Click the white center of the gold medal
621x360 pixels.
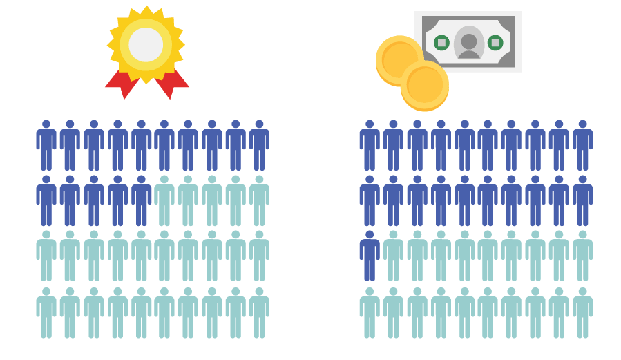(146, 45)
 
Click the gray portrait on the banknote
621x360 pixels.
(469, 43)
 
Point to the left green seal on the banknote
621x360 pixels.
(441, 43)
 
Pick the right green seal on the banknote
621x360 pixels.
(495, 43)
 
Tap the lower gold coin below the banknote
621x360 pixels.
(424, 86)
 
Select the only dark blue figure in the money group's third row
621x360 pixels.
(370, 256)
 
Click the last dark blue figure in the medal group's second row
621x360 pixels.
(142, 200)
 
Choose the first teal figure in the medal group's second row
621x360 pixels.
(164, 200)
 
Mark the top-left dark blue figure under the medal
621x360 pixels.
(46, 145)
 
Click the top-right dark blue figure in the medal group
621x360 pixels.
(259, 145)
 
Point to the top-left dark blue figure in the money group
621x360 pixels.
(370, 145)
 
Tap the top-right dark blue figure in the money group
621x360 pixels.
(582, 145)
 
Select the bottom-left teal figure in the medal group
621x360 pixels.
(46, 313)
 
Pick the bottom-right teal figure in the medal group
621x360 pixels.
(259, 313)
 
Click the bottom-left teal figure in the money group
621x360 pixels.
(370, 313)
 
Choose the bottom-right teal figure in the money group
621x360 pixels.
(582, 313)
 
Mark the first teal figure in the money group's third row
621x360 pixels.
(393, 256)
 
